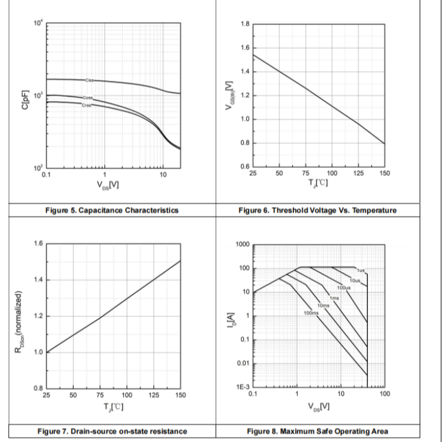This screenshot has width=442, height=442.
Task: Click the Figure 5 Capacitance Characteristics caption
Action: click(111, 210)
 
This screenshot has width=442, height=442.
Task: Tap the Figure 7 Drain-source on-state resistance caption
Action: click(112, 432)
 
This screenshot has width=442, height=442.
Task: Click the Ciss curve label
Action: click(90, 80)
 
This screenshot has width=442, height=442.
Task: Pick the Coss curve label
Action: click(88, 98)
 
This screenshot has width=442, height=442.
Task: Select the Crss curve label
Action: click(87, 104)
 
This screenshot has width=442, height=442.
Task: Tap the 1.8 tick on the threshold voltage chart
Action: click(245, 24)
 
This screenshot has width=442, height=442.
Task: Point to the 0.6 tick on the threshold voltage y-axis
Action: click(245, 167)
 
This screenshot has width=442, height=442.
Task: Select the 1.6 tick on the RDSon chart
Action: click(38, 243)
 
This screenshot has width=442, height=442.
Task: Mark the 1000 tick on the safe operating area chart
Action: click(243, 244)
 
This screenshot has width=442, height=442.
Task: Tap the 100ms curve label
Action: click(311, 312)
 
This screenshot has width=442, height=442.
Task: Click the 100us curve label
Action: click(344, 287)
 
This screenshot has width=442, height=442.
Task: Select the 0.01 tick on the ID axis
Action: click(243, 364)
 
